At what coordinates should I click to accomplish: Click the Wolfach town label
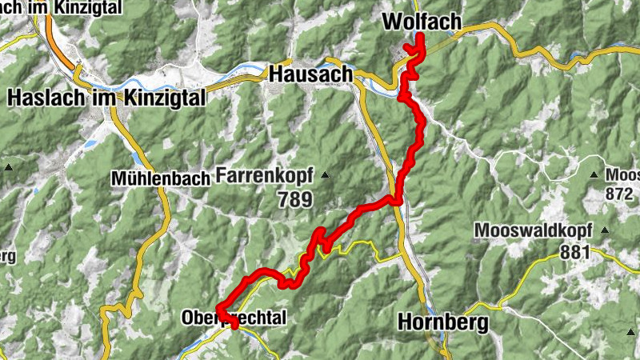pyautogui.click(x=422, y=22)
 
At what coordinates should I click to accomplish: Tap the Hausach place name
pyautogui.click(x=311, y=74)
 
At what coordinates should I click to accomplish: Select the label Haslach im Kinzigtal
pyautogui.click(x=106, y=98)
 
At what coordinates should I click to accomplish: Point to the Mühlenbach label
pyautogui.click(x=161, y=178)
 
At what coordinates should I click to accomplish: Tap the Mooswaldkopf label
pyautogui.click(x=532, y=231)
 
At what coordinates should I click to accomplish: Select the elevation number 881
pyautogui.click(x=574, y=253)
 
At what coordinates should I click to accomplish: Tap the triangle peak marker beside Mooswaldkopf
pyautogui.click(x=604, y=231)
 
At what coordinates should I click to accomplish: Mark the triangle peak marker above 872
pyautogui.click(x=594, y=174)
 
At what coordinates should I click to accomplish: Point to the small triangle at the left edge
pyautogui.click(x=8, y=167)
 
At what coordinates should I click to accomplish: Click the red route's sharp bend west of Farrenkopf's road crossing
pyautogui.click(x=320, y=232)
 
